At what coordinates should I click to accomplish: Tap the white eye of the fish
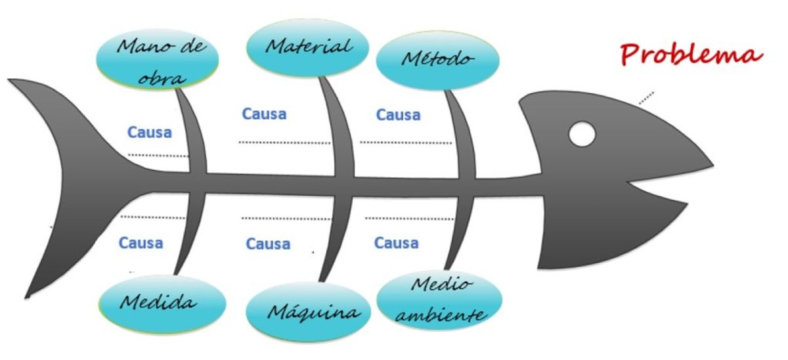[582, 134]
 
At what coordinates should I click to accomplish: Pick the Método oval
[437, 60]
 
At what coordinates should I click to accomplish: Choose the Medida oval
[162, 303]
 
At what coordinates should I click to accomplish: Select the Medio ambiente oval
[441, 301]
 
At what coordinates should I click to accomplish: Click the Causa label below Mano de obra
[149, 132]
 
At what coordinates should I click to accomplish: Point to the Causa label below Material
[265, 114]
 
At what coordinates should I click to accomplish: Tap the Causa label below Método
[398, 115]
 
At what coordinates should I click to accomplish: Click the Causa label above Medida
[141, 243]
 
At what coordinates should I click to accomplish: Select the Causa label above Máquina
[268, 244]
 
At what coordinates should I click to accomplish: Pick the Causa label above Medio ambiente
[396, 243]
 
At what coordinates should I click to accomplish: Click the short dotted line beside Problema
[646, 97]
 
